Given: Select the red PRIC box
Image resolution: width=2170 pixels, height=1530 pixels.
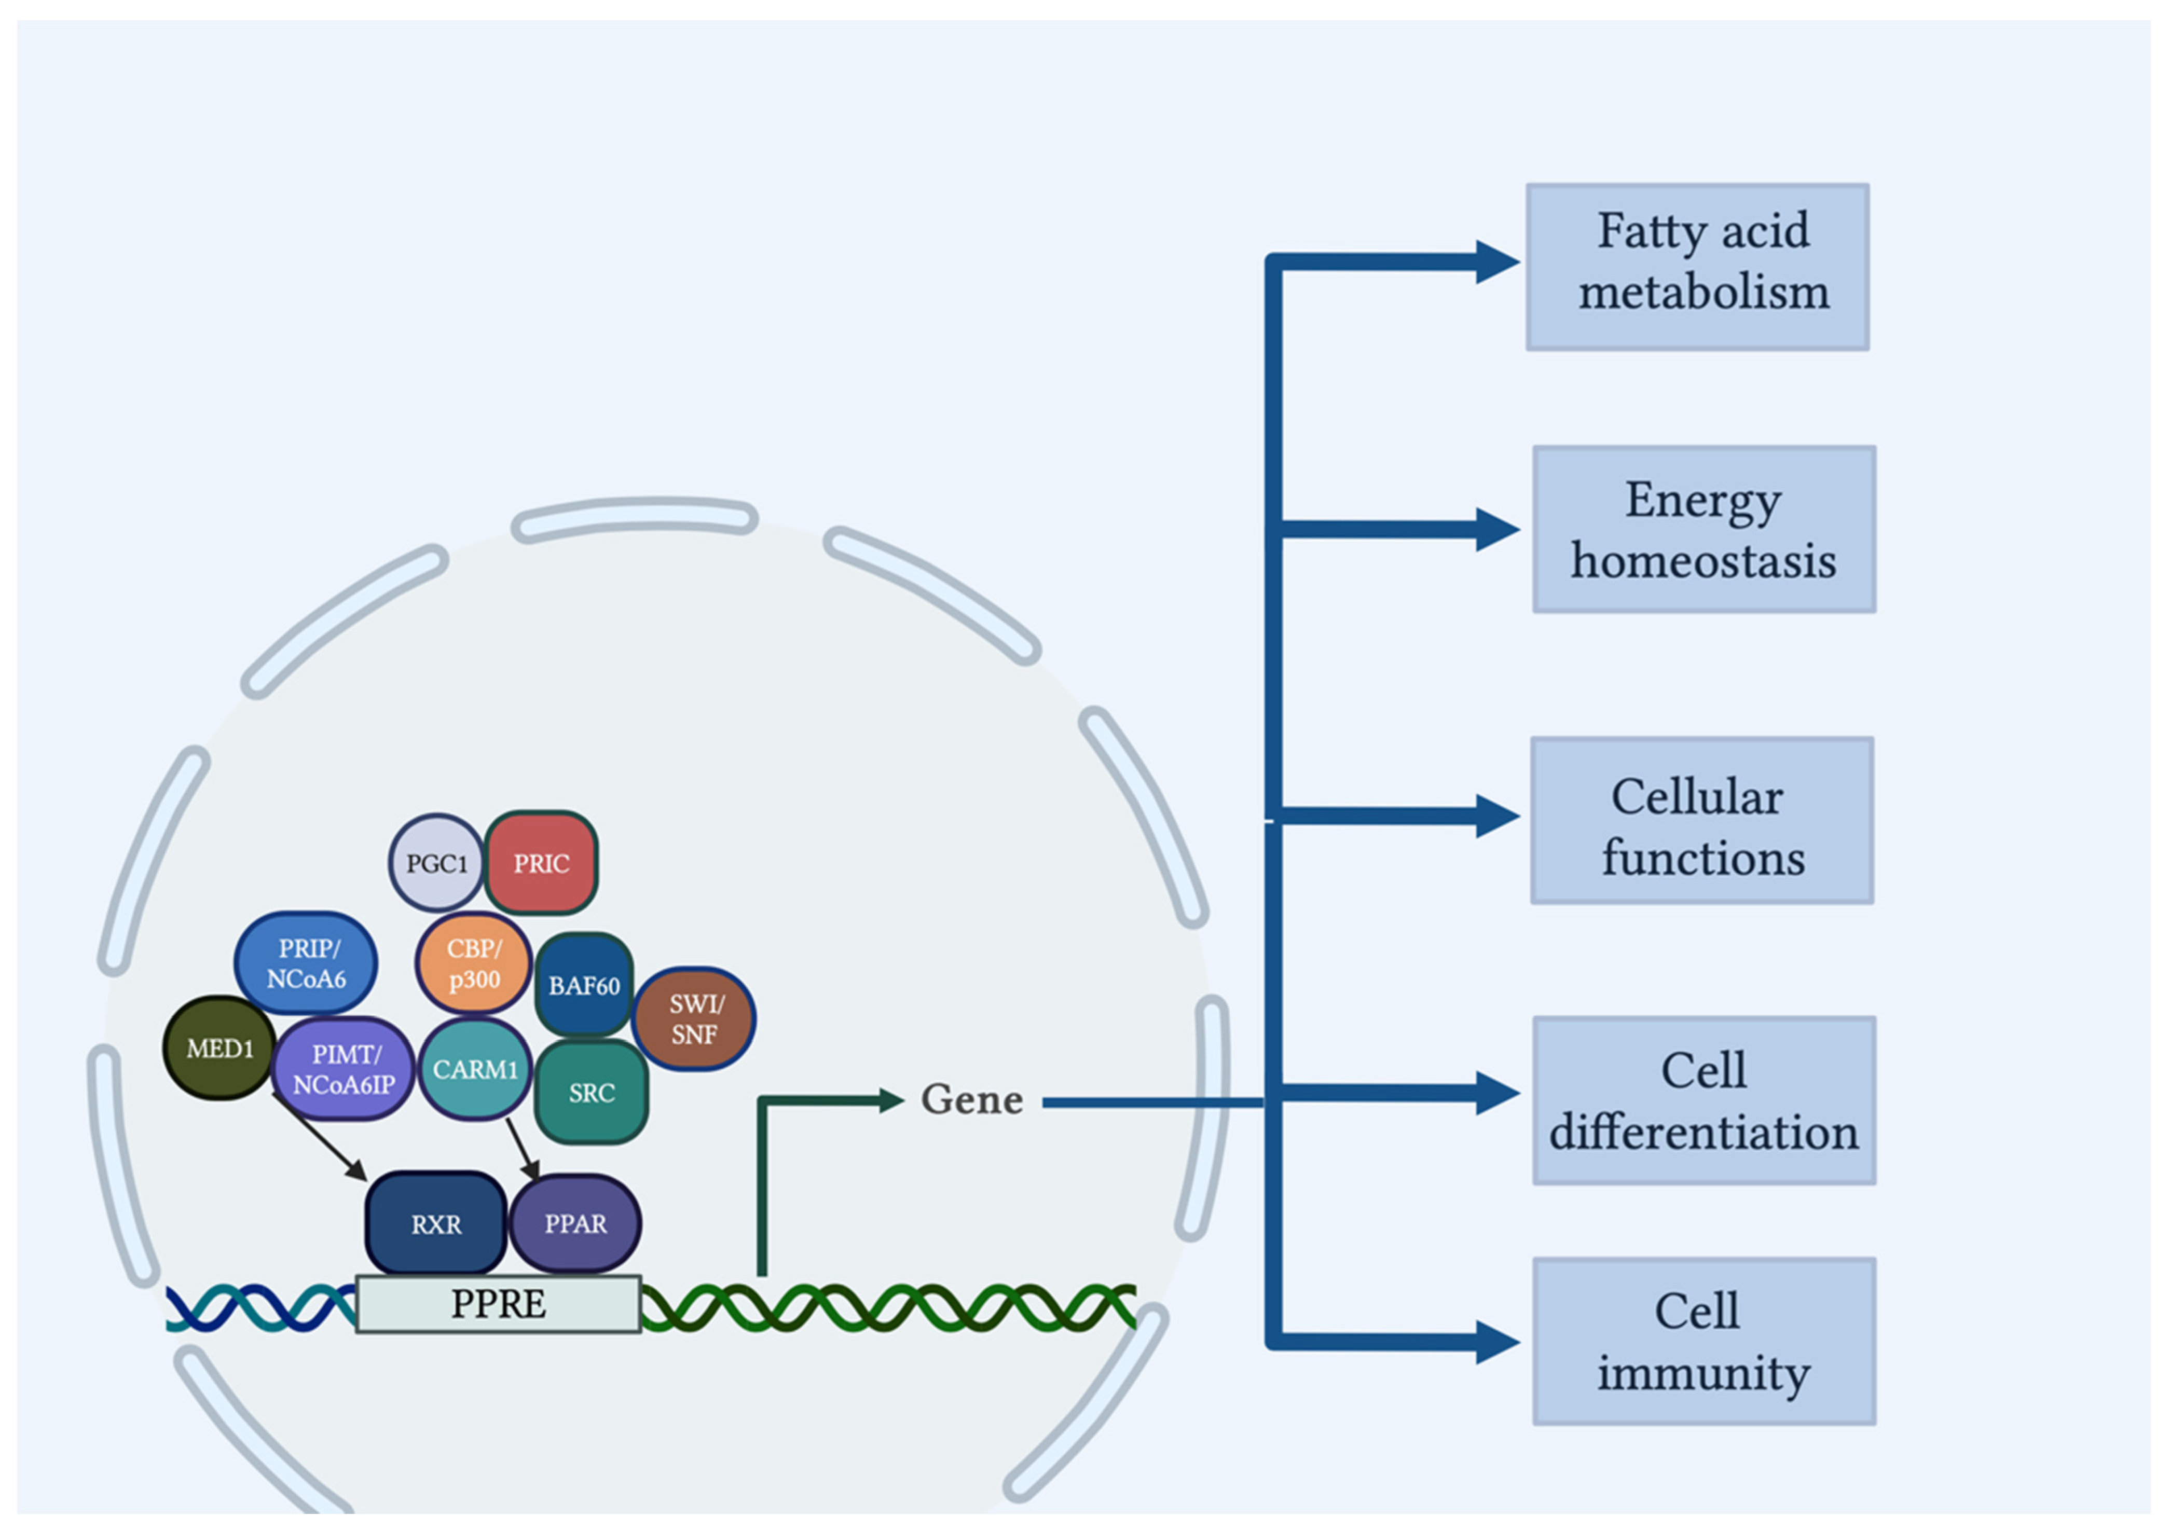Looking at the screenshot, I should [541, 863].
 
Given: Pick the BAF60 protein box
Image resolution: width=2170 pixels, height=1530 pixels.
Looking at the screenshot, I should [583, 986].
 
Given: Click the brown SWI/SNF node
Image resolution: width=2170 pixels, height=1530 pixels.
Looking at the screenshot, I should [694, 1019].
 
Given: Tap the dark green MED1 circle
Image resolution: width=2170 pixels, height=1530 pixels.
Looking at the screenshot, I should [219, 1048].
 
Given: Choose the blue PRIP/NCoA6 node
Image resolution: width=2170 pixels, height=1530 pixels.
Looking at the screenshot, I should [305, 963].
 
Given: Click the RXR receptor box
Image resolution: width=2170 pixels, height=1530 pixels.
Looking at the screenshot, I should [436, 1224].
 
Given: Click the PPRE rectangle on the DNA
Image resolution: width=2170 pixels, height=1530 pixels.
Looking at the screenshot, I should [498, 1304].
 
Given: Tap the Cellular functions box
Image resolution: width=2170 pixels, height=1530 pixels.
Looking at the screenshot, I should [1702, 820].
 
